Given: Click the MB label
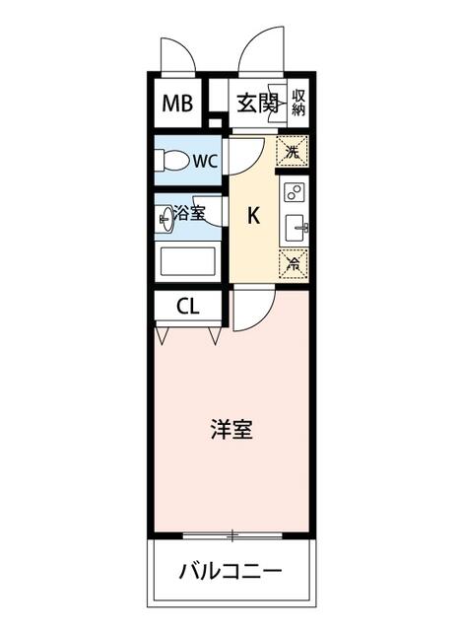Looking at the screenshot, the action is (177, 104).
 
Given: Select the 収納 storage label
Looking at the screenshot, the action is (298, 103).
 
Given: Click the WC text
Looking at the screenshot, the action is (205, 162).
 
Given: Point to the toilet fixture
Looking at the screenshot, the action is (172, 161).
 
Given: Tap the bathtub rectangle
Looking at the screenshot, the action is (188, 261).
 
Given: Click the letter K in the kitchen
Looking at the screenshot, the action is (253, 215).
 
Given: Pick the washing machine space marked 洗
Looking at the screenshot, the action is (293, 151).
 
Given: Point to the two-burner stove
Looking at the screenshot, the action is (295, 192).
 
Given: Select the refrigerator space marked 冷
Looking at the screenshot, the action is (294, 264).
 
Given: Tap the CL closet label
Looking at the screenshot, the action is (188, 308).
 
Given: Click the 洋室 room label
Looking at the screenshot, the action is (231, 429).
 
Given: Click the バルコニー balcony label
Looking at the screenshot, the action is (231, 571).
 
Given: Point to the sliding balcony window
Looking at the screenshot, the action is (232, 535).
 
